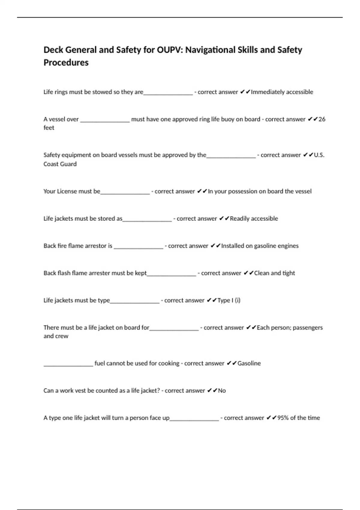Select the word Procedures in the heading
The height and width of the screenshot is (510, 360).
pos(66,63)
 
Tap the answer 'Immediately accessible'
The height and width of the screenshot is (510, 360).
pos(282,92)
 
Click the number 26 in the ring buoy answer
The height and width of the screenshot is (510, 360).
pos(322,119)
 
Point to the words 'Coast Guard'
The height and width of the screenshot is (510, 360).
pos(60,164)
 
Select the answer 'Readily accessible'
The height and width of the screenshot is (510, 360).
pos(254,219)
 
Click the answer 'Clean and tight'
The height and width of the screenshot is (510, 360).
pos(274,273)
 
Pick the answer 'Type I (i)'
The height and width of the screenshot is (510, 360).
pos(229,301)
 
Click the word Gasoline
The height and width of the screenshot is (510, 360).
pos(249,364)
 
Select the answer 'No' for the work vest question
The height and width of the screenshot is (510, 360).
pos(222,391)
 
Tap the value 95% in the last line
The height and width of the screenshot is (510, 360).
pos(283,418)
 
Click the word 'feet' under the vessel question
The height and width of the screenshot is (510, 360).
pos(49,128)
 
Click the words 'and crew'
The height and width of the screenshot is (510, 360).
pos(56,336)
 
